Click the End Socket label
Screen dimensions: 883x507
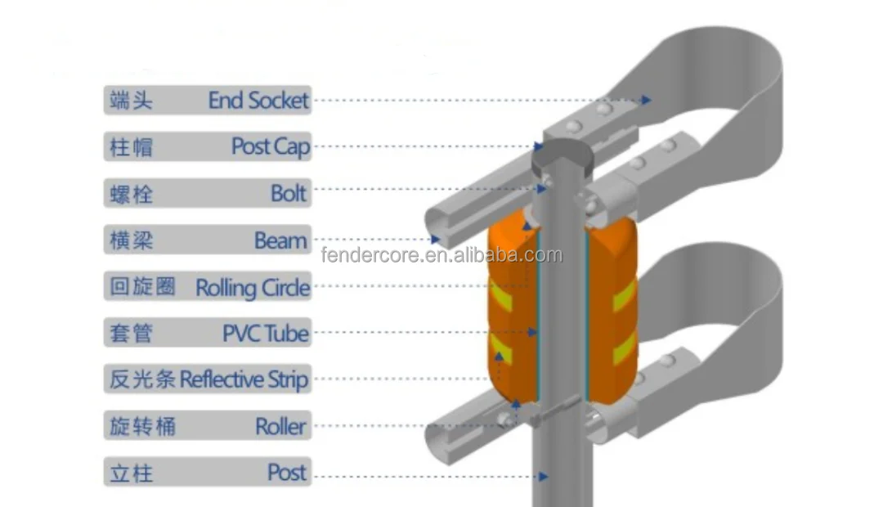258,101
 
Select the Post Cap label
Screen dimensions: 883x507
270,147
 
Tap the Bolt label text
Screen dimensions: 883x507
289,194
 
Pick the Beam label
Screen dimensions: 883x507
280,240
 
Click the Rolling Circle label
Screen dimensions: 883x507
253,287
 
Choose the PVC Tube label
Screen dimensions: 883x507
266,334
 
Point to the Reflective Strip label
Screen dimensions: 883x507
244,379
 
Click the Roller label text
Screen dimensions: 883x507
280,426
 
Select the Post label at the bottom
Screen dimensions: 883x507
286,473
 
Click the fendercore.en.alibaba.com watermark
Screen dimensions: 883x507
441,255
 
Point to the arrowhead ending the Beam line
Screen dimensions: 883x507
436,240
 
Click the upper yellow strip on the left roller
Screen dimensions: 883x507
500,295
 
